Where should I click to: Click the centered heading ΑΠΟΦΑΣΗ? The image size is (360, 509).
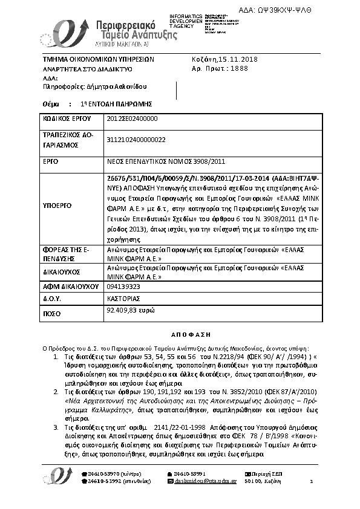tap(180, 334)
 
